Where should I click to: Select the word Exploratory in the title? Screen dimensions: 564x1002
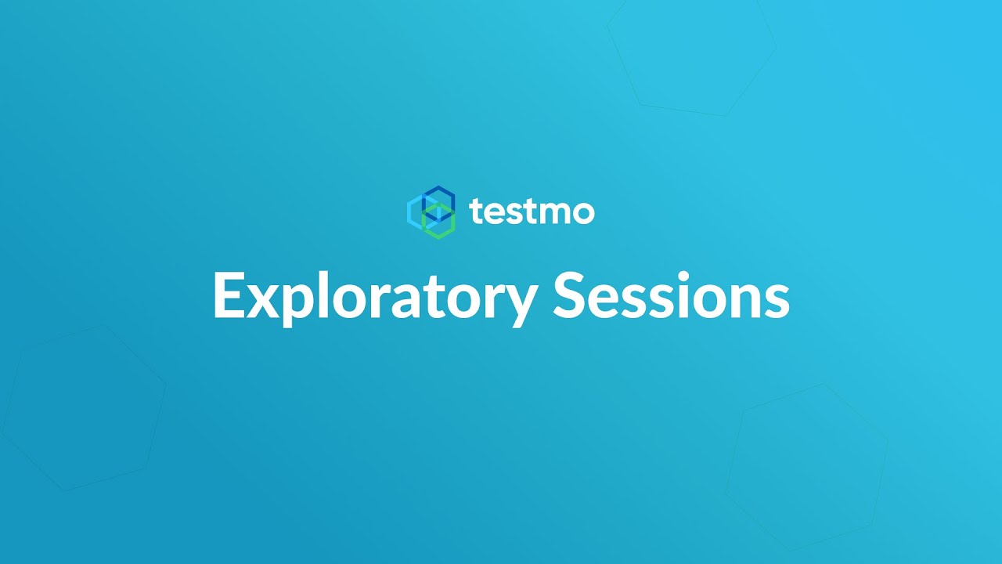pyautogui.click(x=374, y=296)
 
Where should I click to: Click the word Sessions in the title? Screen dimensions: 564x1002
pyautogui.click(x=671, y=296)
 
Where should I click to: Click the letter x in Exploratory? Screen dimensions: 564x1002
pyautogui.click(x=265, y=301)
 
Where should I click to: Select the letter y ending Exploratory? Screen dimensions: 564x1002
pyautogui.click(x=520, y=305)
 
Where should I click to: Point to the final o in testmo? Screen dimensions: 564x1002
pyautogui.click(x=583, y=214)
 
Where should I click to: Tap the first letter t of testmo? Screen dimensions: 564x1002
pyautogui.click(x=477, y=212)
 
